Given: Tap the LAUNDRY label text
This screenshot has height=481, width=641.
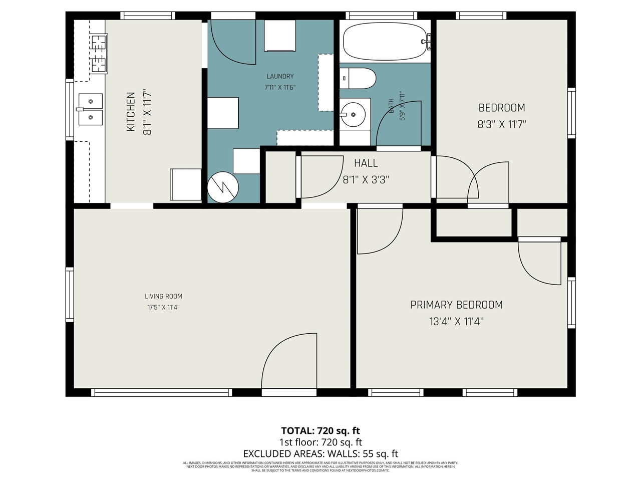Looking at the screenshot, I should (x=280, y=76).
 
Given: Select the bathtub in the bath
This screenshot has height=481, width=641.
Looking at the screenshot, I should (x=385, y=41).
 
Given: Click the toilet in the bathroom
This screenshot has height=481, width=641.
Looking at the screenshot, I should (x=359, y=79).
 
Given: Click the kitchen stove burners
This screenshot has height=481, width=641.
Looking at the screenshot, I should (x=99, y=54).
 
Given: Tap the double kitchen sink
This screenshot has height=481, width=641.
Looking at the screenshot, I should (x=90, y=109).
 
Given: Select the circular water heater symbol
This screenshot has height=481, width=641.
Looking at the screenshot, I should (x=223, y=187).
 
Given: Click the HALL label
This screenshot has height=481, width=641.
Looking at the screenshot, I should (x=366, y=163).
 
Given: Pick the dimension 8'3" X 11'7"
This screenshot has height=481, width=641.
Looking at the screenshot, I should (x=501, y=124).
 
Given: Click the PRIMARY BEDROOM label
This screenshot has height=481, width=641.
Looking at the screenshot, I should (x=456, y=305).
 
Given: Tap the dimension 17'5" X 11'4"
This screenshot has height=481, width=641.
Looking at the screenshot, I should (x=163, y=307).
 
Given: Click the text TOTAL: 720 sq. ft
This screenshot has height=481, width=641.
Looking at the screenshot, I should (x=320, y=431).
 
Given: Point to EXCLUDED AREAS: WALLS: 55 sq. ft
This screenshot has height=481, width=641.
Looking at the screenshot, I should (x=320, y=454).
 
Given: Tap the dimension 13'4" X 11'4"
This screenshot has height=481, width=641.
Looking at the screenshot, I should (x=456, y=321).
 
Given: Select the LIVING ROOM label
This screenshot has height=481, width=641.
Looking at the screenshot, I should (x=163, y=296).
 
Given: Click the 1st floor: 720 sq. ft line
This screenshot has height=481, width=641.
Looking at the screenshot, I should (x=320, y=442).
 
